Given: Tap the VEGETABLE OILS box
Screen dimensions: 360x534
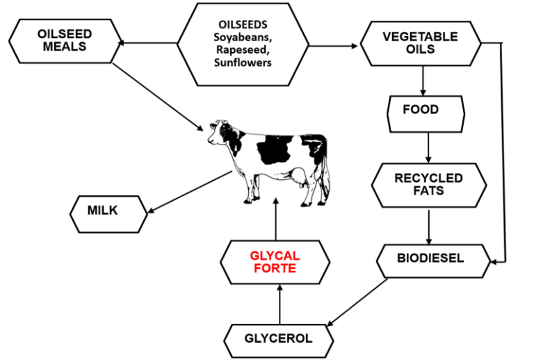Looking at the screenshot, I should point(420,43).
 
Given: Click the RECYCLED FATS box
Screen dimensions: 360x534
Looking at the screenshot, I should point(428,184).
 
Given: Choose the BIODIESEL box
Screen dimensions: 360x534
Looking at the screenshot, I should point(430,259).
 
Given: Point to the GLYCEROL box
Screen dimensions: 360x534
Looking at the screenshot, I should point(279,339).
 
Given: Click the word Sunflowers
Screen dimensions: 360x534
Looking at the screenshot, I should point(242,63).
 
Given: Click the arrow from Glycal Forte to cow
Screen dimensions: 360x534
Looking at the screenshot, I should point(277,219).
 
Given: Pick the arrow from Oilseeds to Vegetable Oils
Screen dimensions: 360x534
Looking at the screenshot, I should point(334,47).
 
